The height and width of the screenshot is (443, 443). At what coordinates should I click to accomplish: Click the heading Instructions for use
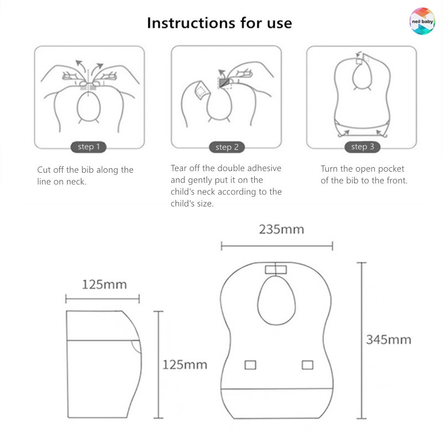coord(219,23)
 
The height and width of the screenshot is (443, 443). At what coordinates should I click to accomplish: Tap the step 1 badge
coord(89,147)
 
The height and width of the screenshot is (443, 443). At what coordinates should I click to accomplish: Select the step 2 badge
coord(227,147)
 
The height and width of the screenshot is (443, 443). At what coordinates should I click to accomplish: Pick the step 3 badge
coord(363,147)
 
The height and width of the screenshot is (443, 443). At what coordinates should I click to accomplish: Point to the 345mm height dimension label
coord(388,339)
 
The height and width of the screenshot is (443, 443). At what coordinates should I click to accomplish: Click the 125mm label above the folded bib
coord(104,285)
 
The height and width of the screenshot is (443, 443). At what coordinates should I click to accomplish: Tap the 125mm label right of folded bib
coord(184,364)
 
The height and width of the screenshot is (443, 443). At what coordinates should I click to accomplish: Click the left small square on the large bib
coord(250,365)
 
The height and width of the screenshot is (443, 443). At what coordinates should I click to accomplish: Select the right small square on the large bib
coord(307,365)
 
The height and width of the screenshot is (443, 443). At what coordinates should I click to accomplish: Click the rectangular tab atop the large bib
coord(275,270)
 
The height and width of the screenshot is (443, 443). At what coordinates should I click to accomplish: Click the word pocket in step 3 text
coord(393,169)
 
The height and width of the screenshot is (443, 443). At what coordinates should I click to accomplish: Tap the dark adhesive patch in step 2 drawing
coord(224,83)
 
